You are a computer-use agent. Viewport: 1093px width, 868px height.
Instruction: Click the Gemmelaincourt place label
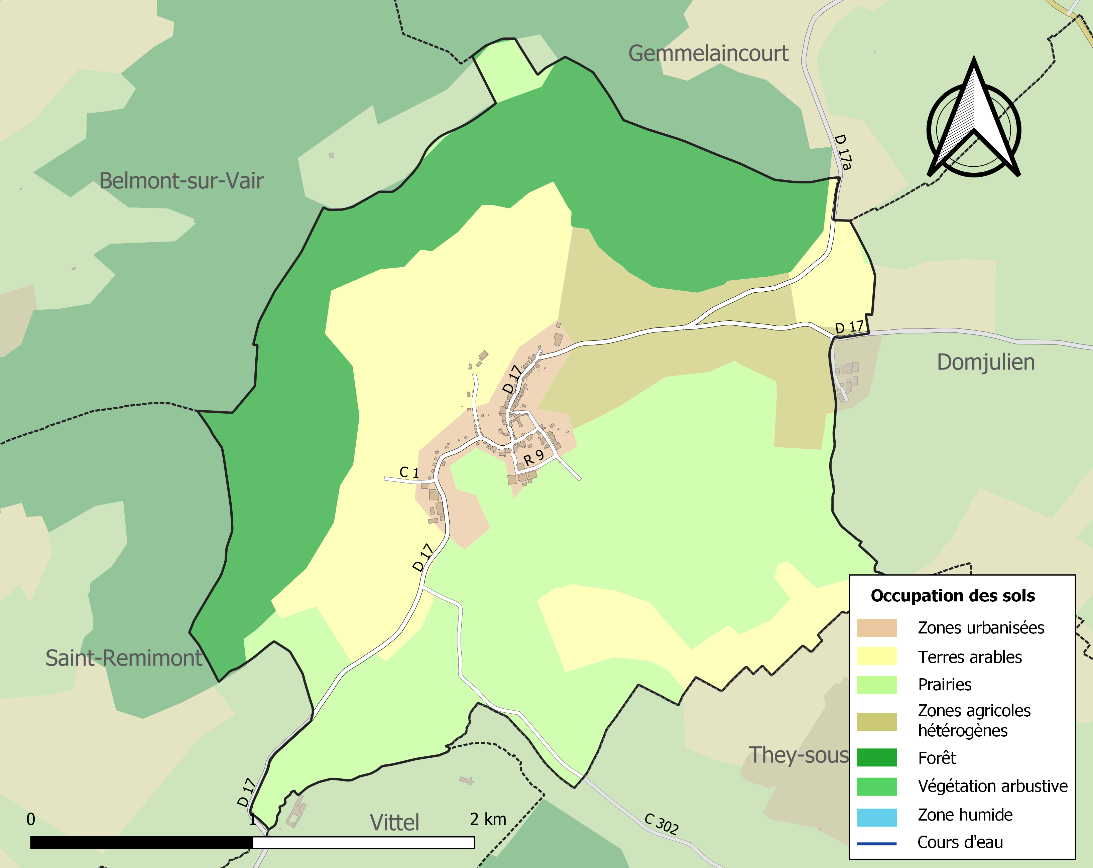coord(708,54)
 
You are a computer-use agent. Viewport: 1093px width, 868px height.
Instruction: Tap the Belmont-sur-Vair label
coord(181,181)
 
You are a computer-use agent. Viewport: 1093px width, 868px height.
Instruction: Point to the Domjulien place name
coord(985,362)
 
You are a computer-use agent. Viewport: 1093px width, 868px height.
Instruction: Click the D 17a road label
coord(843,151)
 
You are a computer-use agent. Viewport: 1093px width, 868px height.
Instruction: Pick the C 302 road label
coord(661,824)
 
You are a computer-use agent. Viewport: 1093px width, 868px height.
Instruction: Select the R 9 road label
coord(533,458)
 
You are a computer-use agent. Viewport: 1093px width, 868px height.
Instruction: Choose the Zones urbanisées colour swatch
coord(876,628)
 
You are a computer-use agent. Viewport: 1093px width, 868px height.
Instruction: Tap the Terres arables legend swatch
coord(876,657)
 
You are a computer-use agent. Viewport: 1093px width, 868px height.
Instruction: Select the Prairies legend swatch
coord(876,685)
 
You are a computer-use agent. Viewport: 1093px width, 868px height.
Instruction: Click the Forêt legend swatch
coord(876,757)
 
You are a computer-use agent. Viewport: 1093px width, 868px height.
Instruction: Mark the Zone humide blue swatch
coord(876,815)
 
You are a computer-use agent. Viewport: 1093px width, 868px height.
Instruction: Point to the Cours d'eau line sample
coord(876,844)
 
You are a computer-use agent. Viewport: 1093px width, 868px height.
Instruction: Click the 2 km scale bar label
coord(488,819)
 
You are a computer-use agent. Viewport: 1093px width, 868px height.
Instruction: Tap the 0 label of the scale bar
coord(31,819)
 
